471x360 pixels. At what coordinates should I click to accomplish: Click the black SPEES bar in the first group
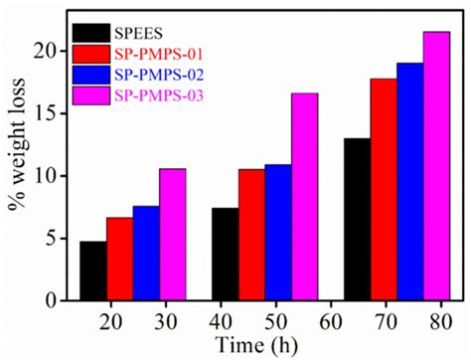[x=93, y=270]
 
